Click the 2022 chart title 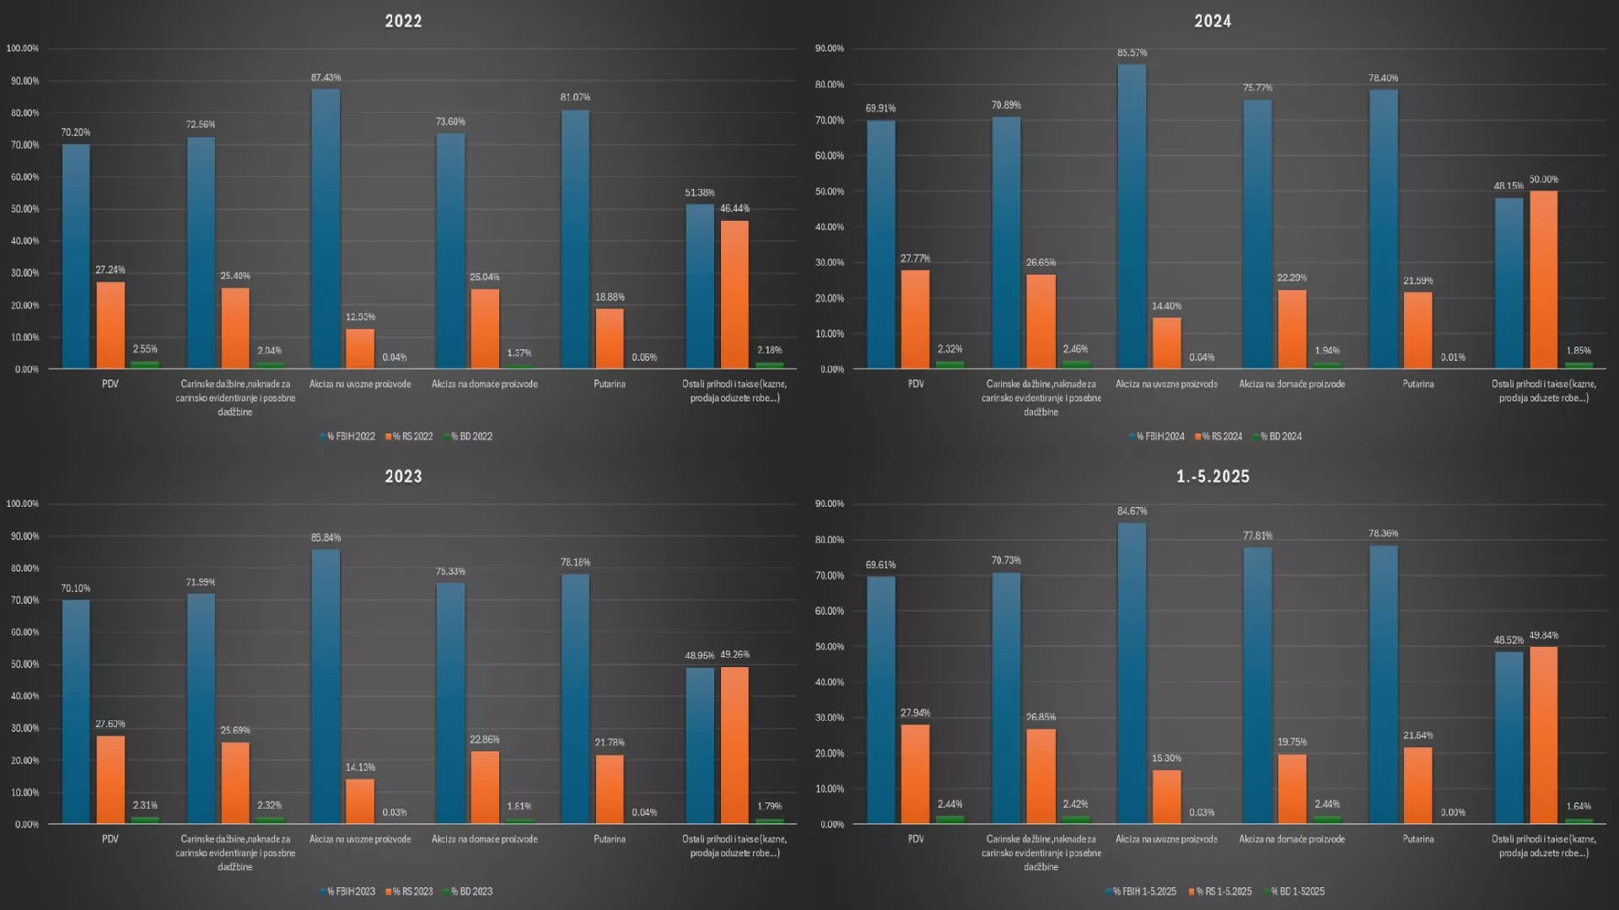(403, 21)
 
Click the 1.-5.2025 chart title (1213, 477)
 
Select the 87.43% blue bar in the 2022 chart (325, 228)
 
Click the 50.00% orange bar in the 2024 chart (1543, 279)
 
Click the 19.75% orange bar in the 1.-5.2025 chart (1292, 788)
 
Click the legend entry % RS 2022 (411, 437)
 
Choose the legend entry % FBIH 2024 (1159, 437)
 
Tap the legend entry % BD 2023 (471, 891)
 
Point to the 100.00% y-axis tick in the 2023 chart (23, 503)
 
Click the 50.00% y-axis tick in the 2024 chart (830, 191)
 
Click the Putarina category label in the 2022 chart (609, 385)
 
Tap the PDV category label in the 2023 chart (110, 839)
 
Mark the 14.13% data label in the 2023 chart (360, 767)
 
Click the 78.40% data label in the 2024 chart (1383, 78)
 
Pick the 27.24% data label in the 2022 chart (110, 270)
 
